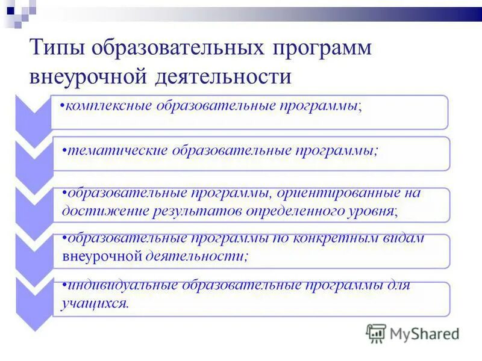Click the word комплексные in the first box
tap(108, 106)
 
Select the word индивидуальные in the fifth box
tap(117, 285)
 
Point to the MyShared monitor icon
tap(376, 333)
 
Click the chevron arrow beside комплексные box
tap(33, 114)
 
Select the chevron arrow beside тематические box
tap(33, 158)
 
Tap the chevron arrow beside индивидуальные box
tap(33, 298)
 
